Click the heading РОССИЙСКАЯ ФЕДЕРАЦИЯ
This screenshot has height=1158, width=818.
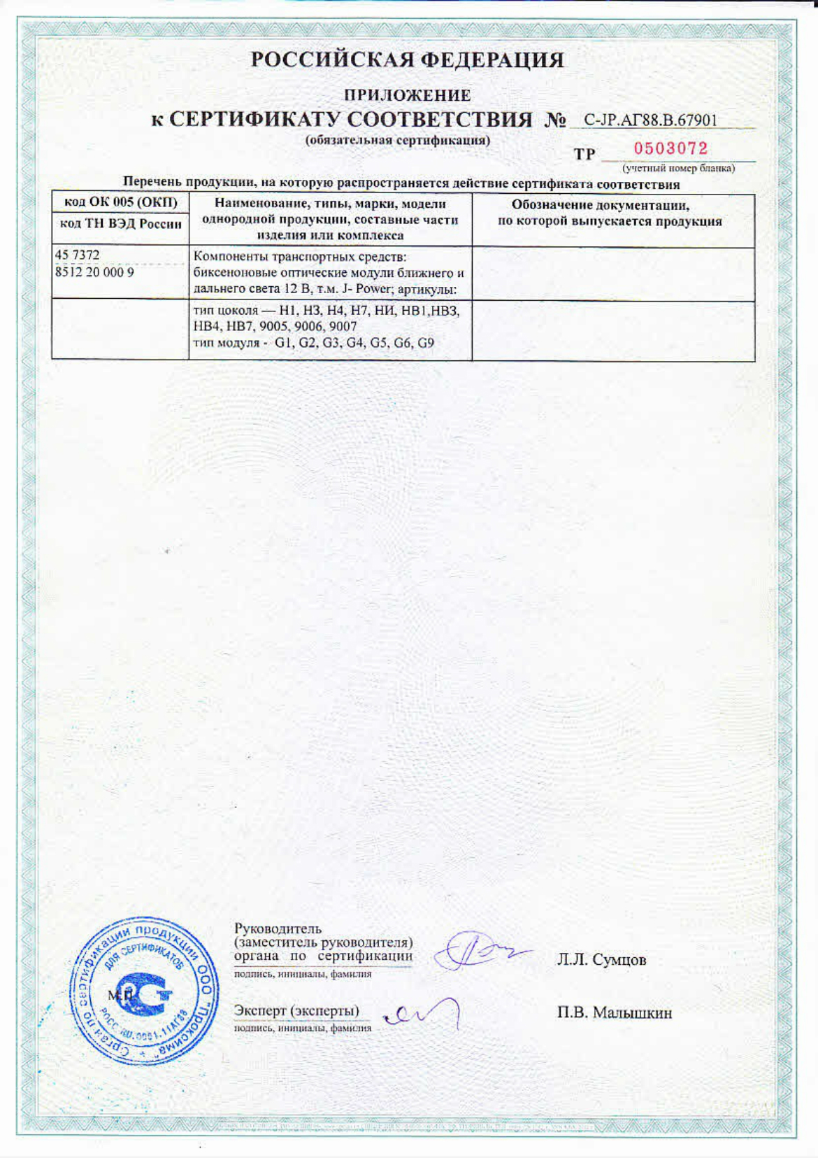point(408,60)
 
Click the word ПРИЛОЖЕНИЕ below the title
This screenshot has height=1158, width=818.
point(408,94)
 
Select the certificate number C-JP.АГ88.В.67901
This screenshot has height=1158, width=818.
point(650,120)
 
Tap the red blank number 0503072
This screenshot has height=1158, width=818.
point(670,148)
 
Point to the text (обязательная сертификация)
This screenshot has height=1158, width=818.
point(398,140)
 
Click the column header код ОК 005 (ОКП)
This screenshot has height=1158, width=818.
point(120,203)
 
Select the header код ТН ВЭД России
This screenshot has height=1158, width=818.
point(120,224)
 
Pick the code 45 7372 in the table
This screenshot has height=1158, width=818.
point(77,255)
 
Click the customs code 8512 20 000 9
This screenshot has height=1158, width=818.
point(94,272)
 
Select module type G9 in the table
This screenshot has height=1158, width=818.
point(426,343)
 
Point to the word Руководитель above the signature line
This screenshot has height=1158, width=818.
point(278,928)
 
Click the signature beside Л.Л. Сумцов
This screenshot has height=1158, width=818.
point(478,952)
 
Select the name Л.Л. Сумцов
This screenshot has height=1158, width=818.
point(601,959)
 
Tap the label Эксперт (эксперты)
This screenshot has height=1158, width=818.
point(296,1010)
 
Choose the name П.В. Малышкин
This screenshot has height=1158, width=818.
point(614,1012)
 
